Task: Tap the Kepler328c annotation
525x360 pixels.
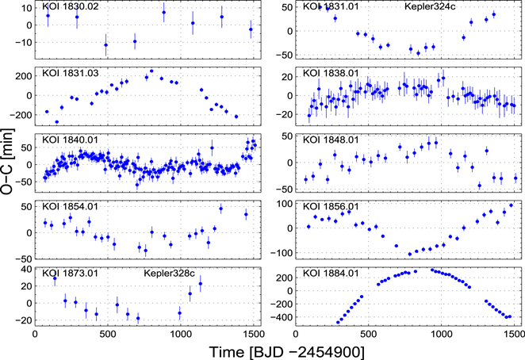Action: click(x=170, y=274)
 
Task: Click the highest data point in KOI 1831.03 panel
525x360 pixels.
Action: click(x=151, y=71)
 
